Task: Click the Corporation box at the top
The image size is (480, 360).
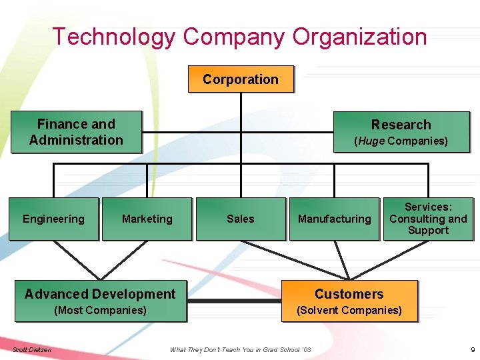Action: (x=241, y=79)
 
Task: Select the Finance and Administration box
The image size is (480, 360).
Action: (x=76, y=132)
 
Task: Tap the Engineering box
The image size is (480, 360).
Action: (x=53, y=219)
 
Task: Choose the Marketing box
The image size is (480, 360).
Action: (x=147, y=219)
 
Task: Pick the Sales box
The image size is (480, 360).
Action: (x=240, y=219)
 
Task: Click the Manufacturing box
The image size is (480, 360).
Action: (x=334, y=219)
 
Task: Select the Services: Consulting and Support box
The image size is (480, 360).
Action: (x=428, y=219)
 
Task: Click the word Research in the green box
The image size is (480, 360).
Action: (x=401, y=125)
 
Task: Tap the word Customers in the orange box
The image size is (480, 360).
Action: (x=349, y=294)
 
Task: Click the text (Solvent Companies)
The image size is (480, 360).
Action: (x=349, y=310)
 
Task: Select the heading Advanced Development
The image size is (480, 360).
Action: (x=100, y=294)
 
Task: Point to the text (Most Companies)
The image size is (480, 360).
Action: (x=100, y=310)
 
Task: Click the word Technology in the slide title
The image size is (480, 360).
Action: (x=113, y=37)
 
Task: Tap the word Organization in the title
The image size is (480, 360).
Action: (x=359, y=37)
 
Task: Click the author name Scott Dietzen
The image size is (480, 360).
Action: (x=32, y=349)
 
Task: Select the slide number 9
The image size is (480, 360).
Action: (x=472, y=349)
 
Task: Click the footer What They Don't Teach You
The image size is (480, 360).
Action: (x=227, y=349)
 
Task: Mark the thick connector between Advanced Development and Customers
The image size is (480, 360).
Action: (x=233, y=301)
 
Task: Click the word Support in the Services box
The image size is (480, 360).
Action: (x=428, y=231)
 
